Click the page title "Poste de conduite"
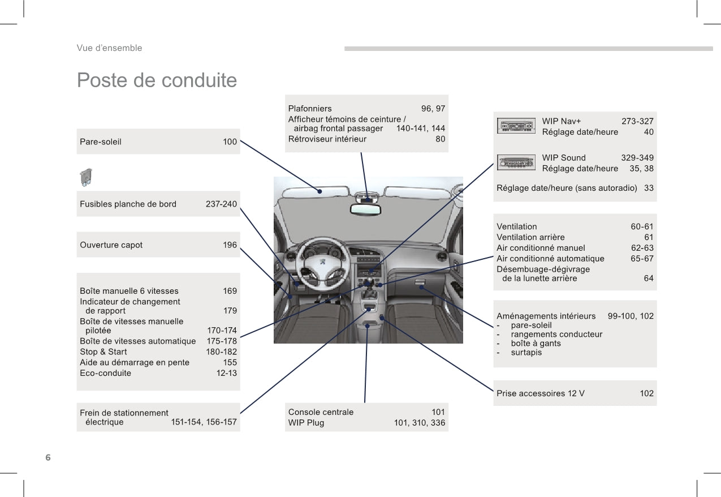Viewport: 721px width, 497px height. (157, 80)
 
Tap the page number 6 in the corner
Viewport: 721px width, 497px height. (48, 457)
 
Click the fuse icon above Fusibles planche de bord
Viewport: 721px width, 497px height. (86, 178)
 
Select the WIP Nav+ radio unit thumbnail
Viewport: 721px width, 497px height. (516, 126)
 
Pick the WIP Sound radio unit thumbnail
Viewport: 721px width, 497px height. (516, 162)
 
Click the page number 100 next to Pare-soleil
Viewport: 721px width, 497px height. (230, 142)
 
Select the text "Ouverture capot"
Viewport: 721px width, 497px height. (111, 245)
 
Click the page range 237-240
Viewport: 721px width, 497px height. (221, 204)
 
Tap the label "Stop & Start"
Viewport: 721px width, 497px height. (103, 352)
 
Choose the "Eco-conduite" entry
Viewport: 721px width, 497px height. (106, 373)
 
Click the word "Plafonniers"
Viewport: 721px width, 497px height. (310, 109)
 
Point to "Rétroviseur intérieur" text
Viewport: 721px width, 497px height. (327, 139)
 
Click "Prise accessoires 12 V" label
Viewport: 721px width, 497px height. (540, 393)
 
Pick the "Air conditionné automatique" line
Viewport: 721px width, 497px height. (550, 259)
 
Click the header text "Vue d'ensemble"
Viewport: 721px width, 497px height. (110, 48)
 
